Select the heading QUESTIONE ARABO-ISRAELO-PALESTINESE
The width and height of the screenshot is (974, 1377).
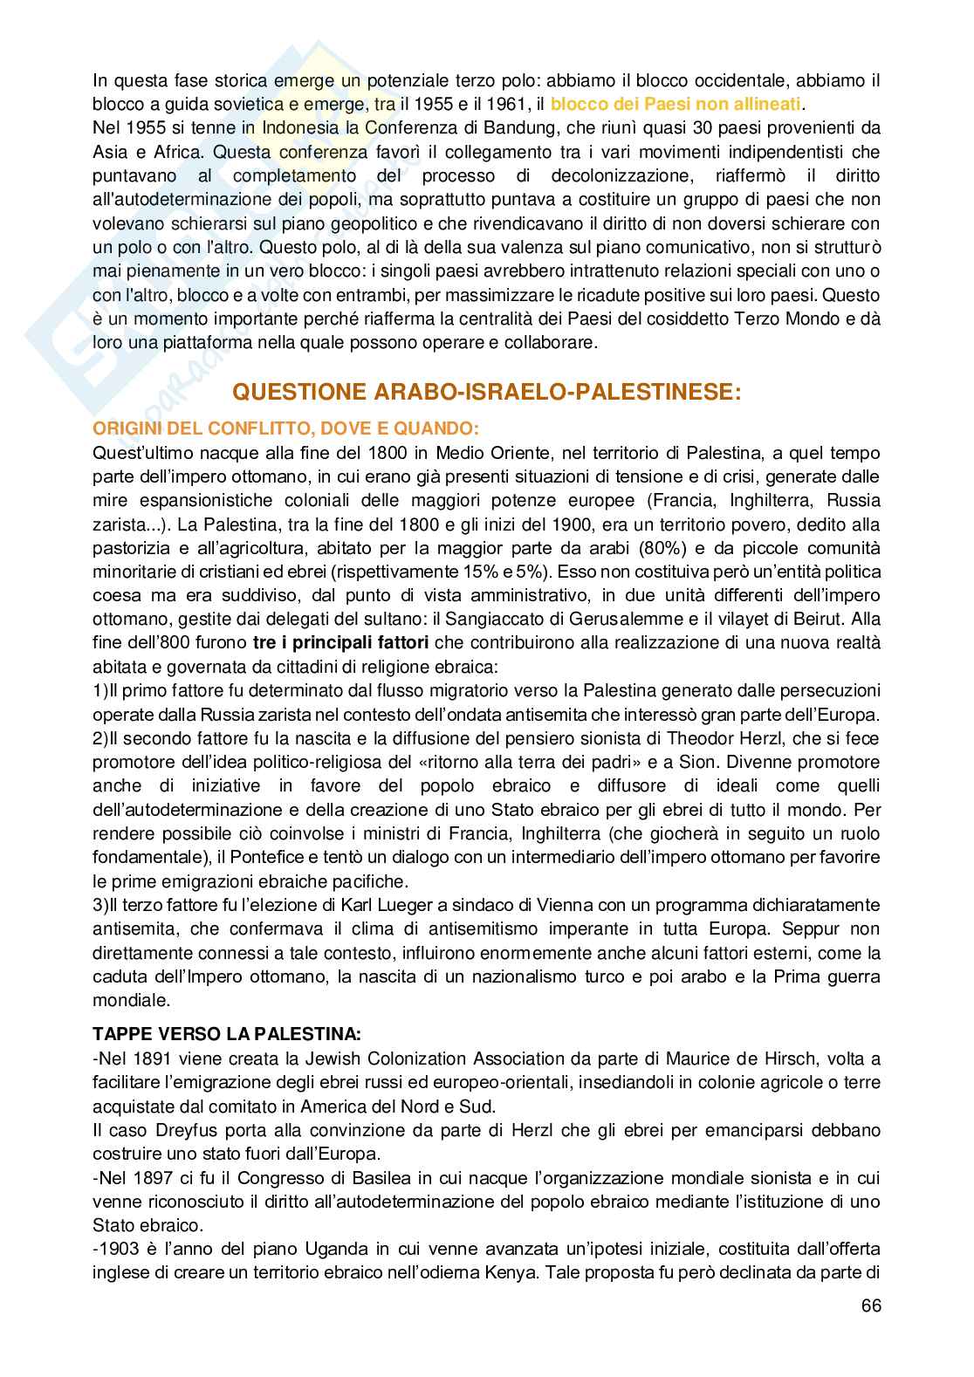pos(486,392)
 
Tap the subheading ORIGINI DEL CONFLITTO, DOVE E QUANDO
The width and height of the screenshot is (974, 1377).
pos(285,428)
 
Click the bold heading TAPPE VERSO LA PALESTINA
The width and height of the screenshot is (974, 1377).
pos(226,1035)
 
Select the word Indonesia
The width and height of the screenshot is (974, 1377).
pos(273,129)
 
